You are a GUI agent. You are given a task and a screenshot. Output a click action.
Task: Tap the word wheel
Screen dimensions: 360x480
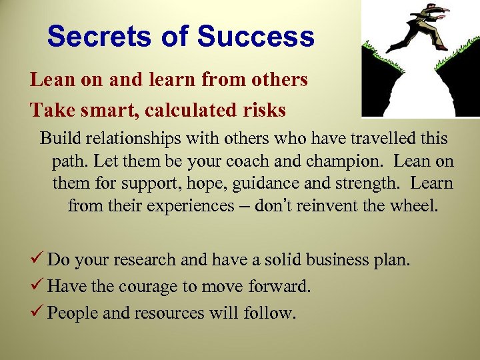click(418, 206)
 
